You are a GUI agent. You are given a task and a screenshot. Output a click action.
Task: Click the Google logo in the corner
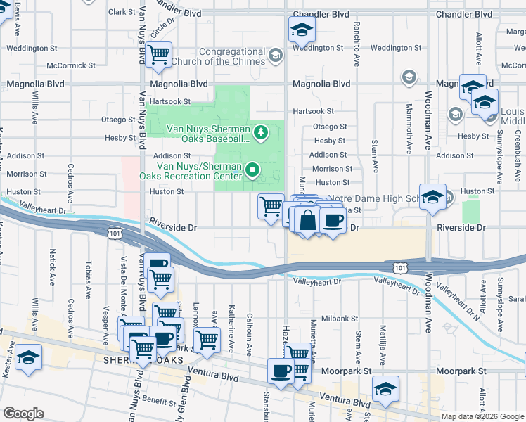24,414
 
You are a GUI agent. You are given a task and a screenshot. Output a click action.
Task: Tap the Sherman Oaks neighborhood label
144,359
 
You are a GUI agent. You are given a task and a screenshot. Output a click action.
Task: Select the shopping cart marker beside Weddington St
159,53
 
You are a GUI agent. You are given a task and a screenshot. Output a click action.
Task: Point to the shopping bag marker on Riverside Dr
307,220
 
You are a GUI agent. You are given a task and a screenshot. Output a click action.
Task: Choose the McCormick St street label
70,65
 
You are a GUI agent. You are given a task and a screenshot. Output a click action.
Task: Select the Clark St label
121,12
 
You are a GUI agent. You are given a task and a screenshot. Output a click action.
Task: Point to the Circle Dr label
162,29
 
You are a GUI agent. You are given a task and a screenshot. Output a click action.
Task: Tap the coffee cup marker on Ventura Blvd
281,372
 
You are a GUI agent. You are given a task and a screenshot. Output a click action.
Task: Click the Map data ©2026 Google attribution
482,416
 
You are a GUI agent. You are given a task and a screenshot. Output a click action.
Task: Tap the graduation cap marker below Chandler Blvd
302,30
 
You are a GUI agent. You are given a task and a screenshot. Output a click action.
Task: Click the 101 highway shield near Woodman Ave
399,267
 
